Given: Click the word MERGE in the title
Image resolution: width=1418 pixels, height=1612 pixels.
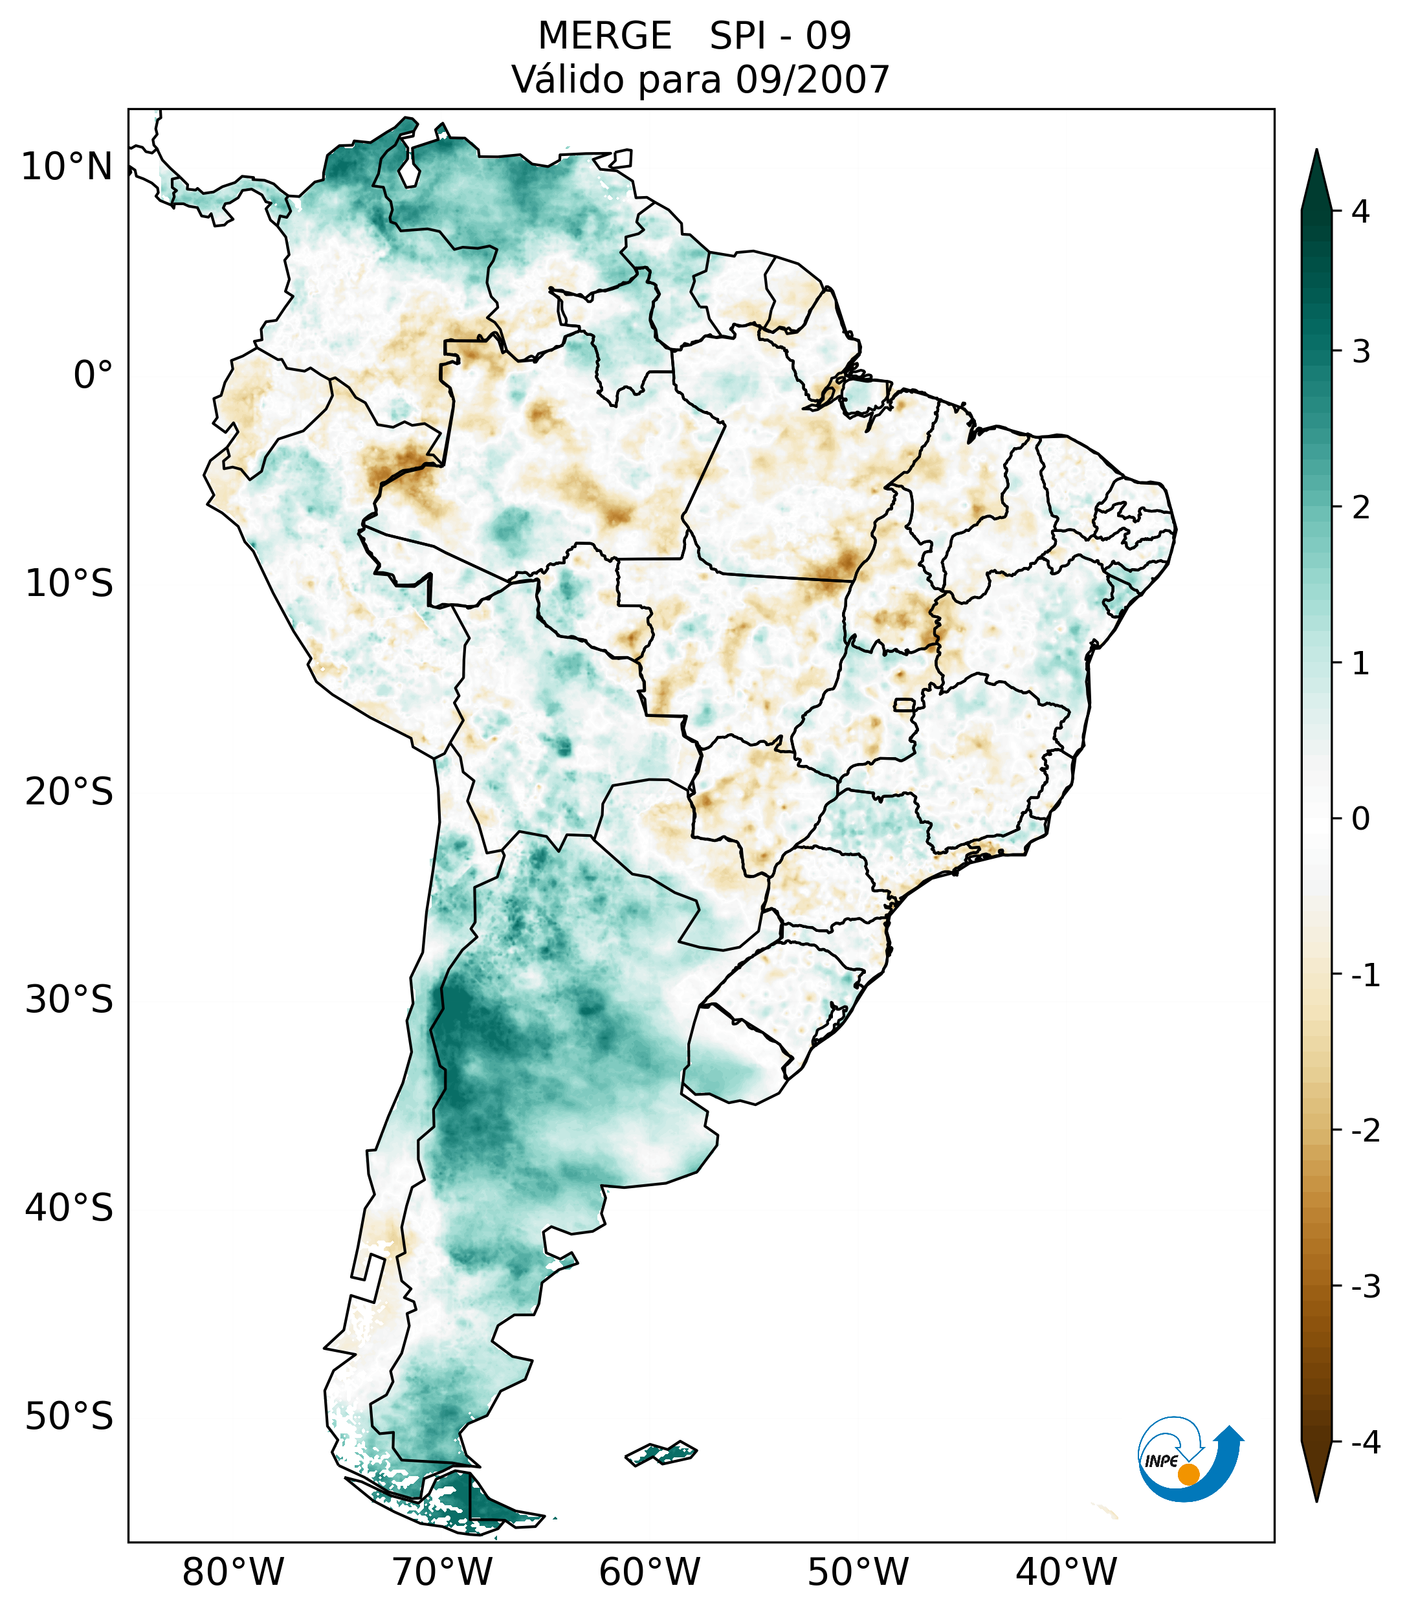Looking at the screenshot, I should point(604,36).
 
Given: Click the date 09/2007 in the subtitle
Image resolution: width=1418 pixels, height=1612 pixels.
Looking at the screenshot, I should point(812,80).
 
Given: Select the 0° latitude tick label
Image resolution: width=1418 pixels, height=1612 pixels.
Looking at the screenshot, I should point(93,375).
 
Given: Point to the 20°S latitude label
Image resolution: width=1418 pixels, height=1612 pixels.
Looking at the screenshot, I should point(69,792).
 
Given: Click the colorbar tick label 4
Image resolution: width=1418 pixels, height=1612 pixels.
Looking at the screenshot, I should point(1360,212).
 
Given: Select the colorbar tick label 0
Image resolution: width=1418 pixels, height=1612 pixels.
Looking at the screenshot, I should point(1360,819).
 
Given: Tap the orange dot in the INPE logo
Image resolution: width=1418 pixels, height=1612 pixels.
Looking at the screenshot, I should point(1188,1474).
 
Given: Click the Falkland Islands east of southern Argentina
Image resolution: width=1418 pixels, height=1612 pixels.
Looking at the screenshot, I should point(661,1453).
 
